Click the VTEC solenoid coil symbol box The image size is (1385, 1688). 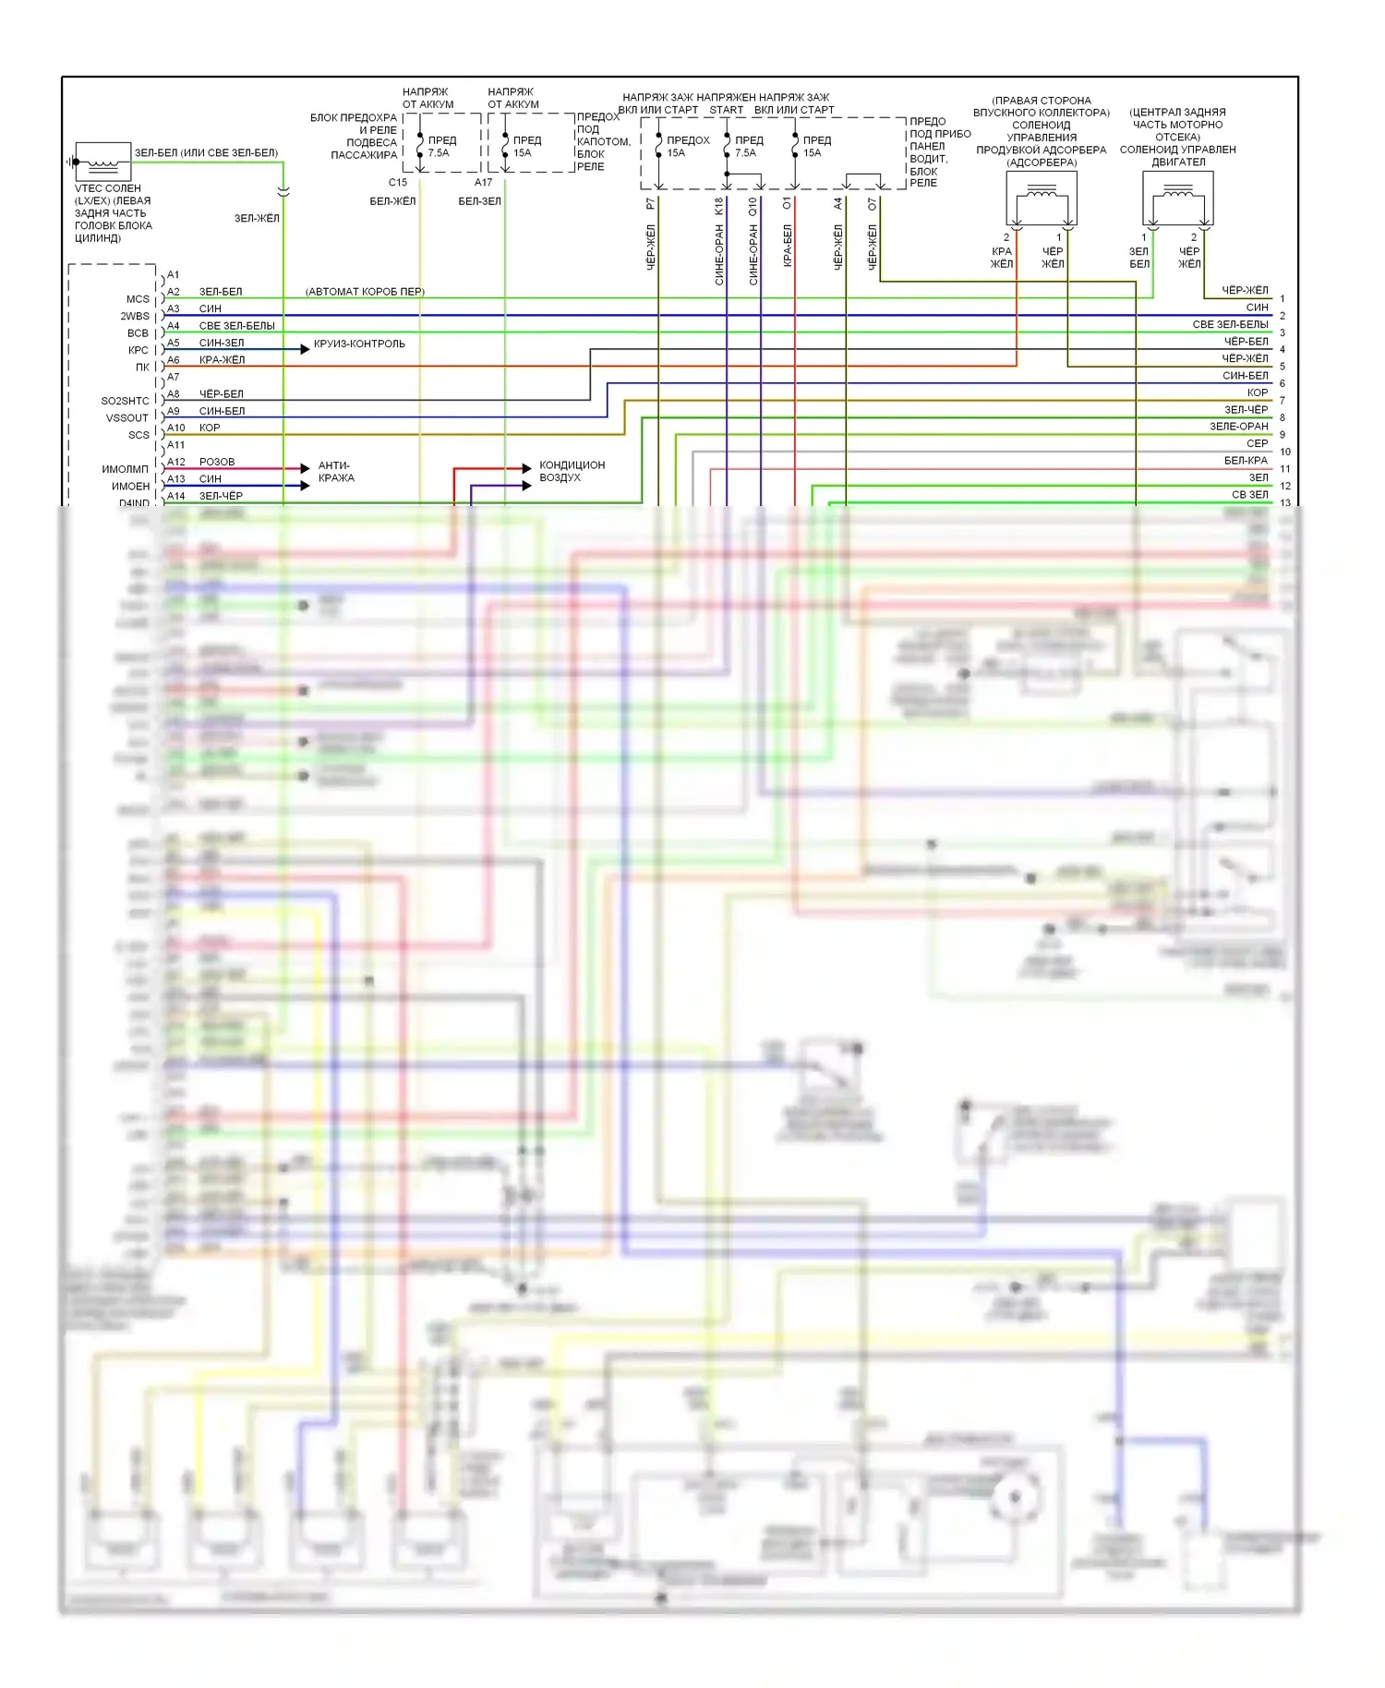point(102,162)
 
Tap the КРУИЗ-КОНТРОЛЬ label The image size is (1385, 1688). point(359,344)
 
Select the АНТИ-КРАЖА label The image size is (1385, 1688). point(335,472)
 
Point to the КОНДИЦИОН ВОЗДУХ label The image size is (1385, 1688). point(572,471)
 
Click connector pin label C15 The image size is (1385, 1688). point(398,183)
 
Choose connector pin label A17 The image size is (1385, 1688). point(484,183)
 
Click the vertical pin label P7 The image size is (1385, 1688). point(651,204)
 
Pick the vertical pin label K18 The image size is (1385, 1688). point(719,206)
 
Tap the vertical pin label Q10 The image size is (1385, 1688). point(753,207)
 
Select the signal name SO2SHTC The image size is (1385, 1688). point(125,402)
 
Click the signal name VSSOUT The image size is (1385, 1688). point(127,418)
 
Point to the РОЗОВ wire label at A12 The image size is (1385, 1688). point(217,462)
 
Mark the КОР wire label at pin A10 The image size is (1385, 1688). point(210,428)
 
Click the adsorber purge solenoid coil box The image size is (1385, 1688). point(1042,198)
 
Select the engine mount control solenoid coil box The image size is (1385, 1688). point(1177,198)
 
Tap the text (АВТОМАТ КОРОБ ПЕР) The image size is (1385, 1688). point(365,292)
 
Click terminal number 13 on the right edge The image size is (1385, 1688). point(1285,503)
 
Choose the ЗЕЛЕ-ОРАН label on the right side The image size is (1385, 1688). point(1239,427)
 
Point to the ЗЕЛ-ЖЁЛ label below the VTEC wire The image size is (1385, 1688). point(257,219)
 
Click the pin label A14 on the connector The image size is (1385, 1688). point(176,497)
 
